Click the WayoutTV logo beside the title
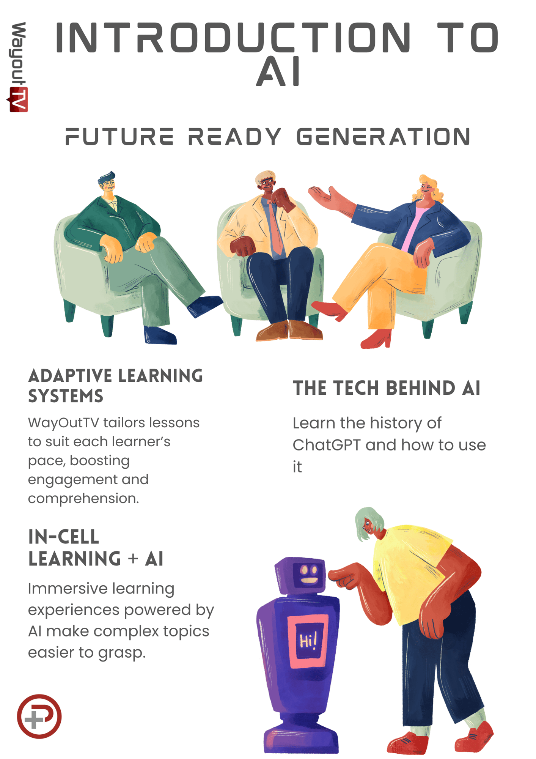pos(17,67)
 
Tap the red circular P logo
pos(39,716)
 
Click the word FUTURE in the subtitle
pos(119,137)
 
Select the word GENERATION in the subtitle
pos(384,137)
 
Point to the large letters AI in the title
pos(279,71)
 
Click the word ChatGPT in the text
pos(326,445)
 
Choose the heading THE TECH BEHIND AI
pos(387,388)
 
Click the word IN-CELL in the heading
pos(64,537)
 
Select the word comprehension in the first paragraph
pos(83,499)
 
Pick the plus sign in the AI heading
pos(133,559)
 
